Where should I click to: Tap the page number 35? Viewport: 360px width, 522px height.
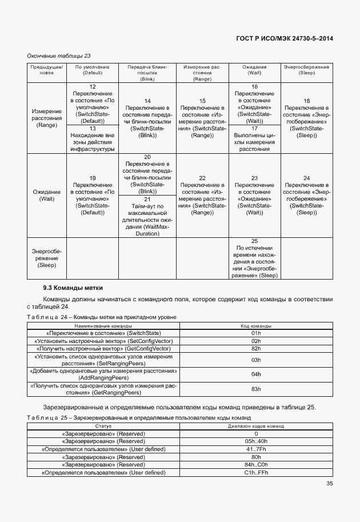tap(330, 484)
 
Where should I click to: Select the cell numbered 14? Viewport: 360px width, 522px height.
tap(147, 118)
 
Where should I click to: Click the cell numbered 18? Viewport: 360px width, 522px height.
tap(306, 118)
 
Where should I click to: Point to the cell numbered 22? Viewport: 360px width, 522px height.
tap(202, 195)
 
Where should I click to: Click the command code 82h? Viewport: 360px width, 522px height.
tap(256, 348)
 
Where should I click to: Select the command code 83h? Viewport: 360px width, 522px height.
tap(256, 389)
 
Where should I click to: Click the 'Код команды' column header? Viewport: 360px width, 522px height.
tap(256, 325)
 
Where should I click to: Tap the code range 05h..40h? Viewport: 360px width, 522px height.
tap(256, 442)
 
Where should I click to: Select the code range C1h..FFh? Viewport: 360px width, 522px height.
tap(256, 473)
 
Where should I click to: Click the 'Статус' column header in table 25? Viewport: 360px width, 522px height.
tap(103, 426)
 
